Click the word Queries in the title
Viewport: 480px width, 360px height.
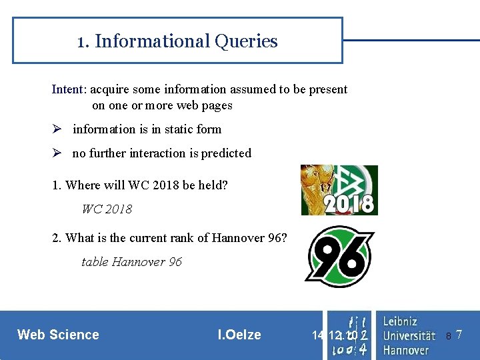(246, 41)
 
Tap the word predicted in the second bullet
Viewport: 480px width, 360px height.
(226, 153)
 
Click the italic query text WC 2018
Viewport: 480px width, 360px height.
(107, 209)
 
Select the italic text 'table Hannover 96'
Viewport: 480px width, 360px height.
(131, 262)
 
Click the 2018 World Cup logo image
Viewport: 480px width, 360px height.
(339, 190)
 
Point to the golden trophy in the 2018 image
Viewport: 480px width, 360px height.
(312, 187)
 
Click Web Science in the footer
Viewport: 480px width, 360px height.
(58, 335)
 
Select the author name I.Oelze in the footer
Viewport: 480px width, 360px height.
(239, 335)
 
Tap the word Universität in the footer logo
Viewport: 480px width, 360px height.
(409, 335)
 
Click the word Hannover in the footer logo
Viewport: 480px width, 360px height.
(406, 349)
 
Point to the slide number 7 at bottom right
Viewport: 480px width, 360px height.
(459, 335)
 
